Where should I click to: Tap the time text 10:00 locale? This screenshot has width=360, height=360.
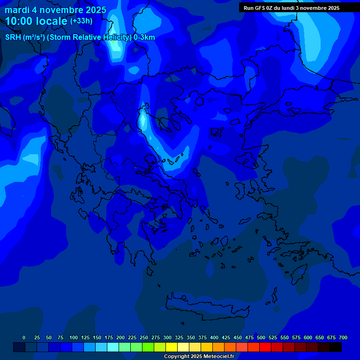(36, 22)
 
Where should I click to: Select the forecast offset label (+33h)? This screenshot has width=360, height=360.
(81, 21)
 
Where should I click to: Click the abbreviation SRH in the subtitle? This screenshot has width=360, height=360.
(13, 37)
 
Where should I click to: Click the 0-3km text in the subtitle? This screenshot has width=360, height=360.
(144, 37)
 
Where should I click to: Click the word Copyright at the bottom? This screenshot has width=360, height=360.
(177, 357)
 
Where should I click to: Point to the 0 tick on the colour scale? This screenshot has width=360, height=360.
(24, 338)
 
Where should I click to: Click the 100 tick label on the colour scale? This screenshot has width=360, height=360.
(74, 338)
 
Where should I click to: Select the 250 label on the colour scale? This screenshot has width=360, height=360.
(144, 338)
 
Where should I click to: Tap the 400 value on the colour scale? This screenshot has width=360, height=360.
(214, 338)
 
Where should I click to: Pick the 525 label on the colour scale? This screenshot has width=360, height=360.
(273, 338)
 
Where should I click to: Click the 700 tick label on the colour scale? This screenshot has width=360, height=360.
(343, 338)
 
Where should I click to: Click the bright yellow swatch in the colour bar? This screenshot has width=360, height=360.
(172, 347)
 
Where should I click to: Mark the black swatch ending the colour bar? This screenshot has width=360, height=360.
(336, 347)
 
